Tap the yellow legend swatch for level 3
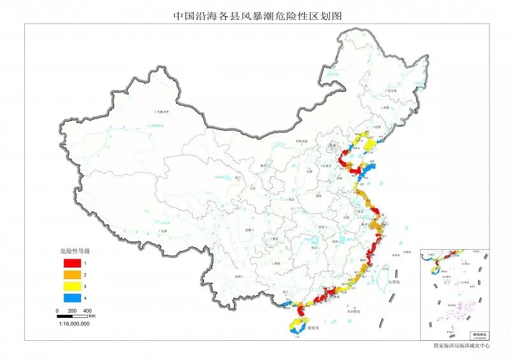[x=71, y=287]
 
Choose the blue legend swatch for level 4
[x=71, y=298]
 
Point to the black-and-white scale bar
[x=73, y=315]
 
